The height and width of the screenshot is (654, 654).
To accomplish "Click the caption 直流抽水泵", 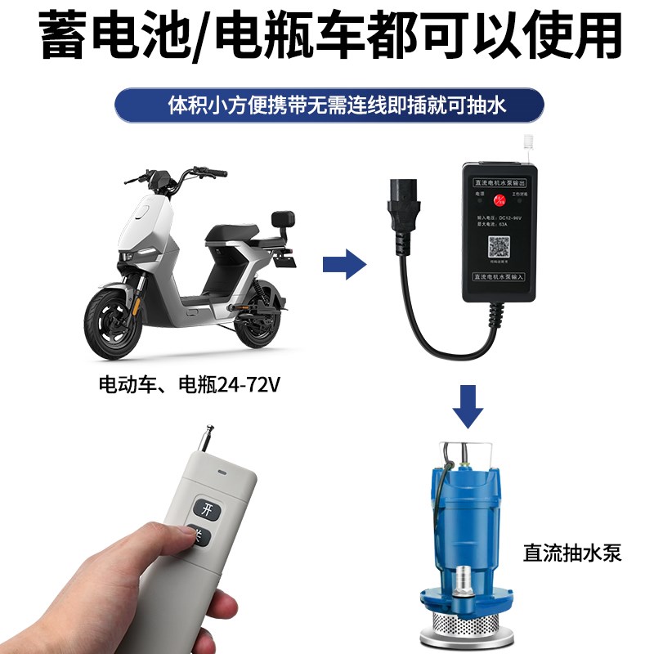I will pos(572,553).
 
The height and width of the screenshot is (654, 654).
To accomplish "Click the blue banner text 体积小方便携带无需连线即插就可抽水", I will pos(327,105).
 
